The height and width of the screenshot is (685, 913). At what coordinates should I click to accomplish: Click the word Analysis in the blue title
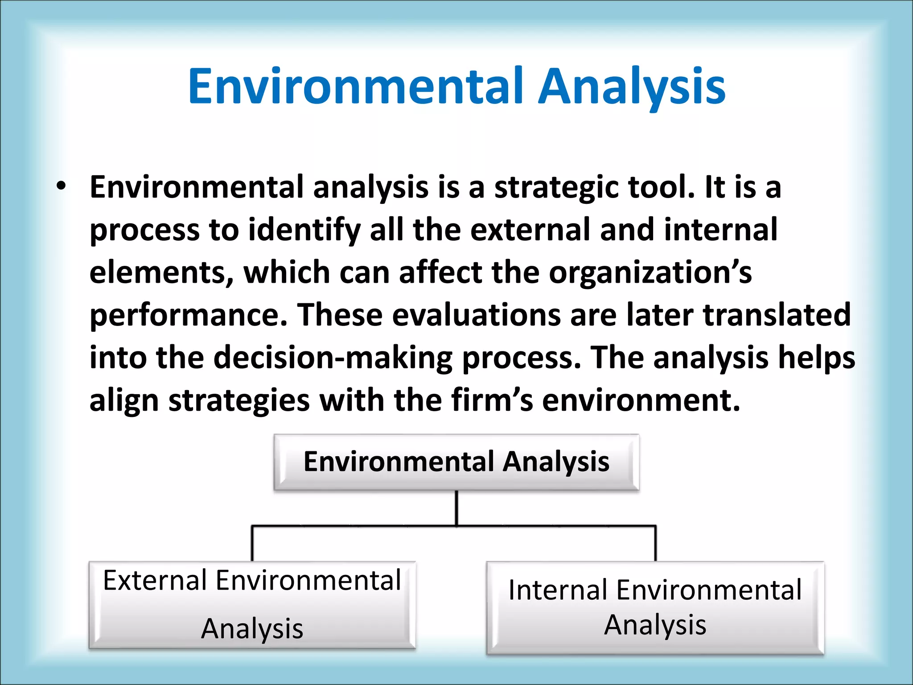pos(632,86)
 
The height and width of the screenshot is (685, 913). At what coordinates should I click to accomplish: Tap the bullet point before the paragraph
pos(62,186)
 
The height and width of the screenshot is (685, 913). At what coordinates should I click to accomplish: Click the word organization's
pos(650,272)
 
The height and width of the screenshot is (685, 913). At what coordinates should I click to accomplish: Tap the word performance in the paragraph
pos(188,315)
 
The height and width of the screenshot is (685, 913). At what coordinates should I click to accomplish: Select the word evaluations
pos(476,315)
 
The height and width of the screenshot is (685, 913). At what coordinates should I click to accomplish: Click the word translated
pos(777,315)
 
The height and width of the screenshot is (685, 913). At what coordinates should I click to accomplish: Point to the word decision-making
pos(333,358)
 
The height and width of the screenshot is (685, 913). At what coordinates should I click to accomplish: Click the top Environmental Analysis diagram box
pos(456,462)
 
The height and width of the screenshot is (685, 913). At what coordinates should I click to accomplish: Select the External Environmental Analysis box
pos(252,604)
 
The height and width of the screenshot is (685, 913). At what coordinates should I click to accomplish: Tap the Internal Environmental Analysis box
pos(655,607)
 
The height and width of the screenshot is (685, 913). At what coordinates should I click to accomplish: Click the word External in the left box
pos(155,580)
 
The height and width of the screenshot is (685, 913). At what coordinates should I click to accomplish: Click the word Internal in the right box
pos(558,590)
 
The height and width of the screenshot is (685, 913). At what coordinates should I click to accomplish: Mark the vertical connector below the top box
pos(456,508)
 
